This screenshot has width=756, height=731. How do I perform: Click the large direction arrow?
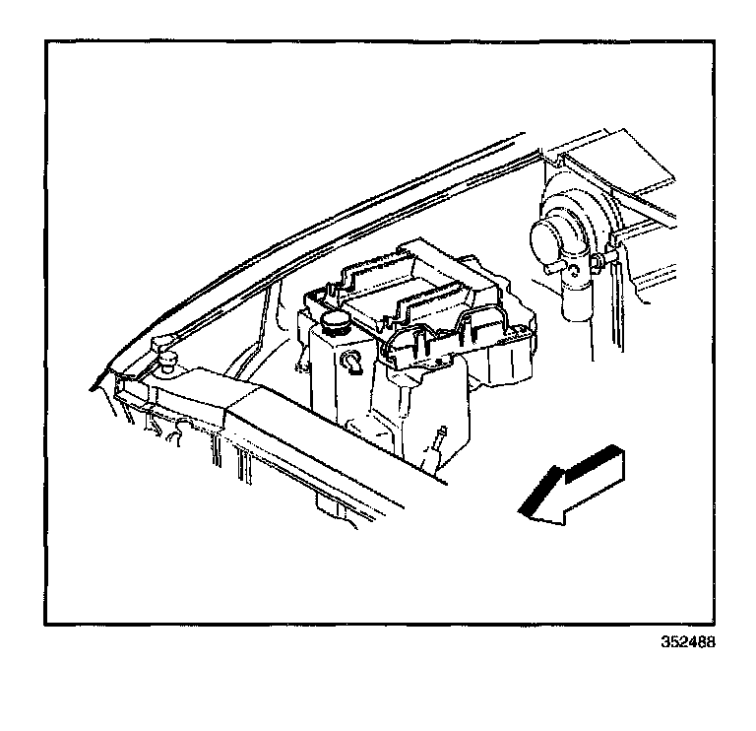[571, 484]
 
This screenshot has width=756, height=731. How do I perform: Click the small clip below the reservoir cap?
[352, 365]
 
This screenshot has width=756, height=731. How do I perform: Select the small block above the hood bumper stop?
[162, 344]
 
